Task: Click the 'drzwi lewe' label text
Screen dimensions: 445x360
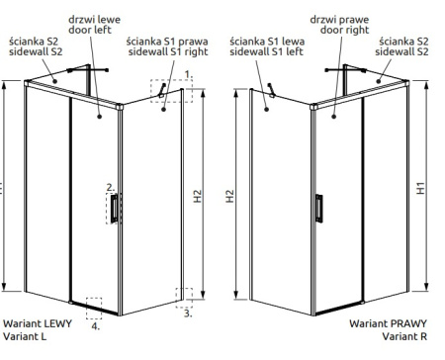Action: tap(94, 20)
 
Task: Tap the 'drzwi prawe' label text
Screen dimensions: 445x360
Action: tap(339, 20)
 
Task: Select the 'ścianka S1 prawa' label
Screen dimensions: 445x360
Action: tap(167, 42)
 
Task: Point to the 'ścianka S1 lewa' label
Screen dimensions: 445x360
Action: tap(267, 42)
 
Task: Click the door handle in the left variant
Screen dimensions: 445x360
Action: tap(114, 209)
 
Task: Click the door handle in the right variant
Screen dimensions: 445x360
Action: tap(318, 209)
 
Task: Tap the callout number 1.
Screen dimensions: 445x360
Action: tap(188, 75)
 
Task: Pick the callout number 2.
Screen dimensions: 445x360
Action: tap(111, 188)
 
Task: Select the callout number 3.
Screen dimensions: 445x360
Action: tap(188, 314)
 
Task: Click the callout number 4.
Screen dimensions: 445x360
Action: tap(96, 326)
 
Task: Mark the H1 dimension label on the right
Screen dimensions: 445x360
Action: tap(420, 188)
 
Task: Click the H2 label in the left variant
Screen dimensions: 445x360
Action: tap(197, 196)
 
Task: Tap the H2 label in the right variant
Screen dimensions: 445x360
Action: tap(229, 196)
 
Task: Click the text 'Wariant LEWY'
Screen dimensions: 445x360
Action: tap(38, 323)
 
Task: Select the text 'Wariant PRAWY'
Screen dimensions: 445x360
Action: tap(388, 323)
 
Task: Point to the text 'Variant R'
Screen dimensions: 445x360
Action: tap(404, 336)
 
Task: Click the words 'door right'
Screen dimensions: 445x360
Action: tap(344, 30)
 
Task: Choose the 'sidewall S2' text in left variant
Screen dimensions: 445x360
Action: tap(36, 51)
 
